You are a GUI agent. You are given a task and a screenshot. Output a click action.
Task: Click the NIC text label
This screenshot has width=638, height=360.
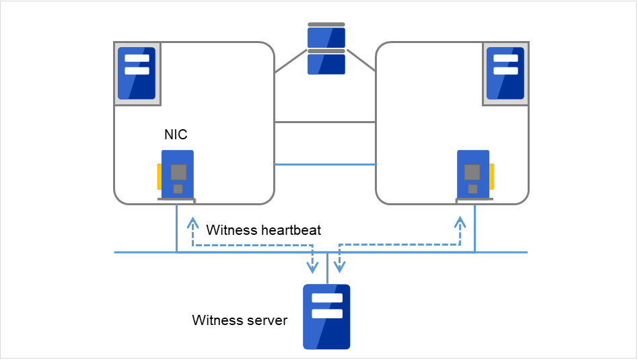click(176, 135)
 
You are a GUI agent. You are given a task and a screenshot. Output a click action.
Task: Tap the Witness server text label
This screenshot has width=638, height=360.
click(240, 320)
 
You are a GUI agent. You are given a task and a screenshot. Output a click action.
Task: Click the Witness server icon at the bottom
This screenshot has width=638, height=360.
click(326, 316)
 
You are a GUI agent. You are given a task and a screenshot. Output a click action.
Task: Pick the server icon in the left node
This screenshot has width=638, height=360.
click(137, 73)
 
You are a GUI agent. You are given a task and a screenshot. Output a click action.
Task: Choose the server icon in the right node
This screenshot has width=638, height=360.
click(505, 73)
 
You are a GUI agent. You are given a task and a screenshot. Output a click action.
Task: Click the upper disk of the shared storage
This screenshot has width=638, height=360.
click(326, 36)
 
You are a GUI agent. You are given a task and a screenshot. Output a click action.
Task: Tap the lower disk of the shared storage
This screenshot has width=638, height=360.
click(326, 63)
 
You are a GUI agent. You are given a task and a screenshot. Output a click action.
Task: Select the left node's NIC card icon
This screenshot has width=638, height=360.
click(177, 174)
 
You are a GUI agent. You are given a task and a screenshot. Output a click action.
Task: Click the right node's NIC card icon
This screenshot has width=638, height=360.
click(473, 174)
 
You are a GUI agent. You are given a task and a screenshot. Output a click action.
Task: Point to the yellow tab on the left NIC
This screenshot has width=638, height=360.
click(159, 177)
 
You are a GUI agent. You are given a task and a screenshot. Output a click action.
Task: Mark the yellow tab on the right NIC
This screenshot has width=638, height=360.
click(492, 177)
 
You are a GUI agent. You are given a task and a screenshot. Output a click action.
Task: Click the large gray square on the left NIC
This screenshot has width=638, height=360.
click(178, 172)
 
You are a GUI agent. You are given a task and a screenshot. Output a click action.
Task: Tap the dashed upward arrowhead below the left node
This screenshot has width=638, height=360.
click(193, 221)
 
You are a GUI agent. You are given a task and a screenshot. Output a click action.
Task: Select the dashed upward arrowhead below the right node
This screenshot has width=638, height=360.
click(460, 221)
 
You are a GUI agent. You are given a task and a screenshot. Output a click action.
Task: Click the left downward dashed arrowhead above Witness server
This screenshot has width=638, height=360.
click(312, 267)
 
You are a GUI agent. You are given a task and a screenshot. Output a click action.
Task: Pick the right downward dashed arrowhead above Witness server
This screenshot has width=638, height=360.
click(340, 267)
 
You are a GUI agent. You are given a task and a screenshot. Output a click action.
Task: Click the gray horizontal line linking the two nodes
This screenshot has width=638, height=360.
click(325, 122)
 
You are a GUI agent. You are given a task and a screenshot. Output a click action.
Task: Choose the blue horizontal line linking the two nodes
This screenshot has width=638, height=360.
click(325, 164)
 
